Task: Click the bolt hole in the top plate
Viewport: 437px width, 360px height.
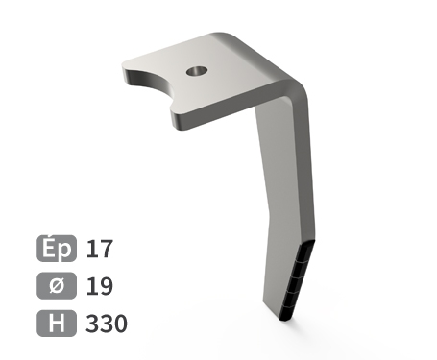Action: coord(197,71)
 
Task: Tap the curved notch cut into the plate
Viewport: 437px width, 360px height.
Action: coord(151,84)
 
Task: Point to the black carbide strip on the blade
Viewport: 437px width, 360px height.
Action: coord(295,280)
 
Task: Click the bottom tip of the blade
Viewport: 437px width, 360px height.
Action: coord(285,320)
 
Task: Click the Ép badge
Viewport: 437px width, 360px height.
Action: coord(57,249)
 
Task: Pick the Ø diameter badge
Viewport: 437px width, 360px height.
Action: coord(57,285)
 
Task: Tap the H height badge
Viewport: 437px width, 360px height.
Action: coord(57,324)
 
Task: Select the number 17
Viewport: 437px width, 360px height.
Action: coord(99,249)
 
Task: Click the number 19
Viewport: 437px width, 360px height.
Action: coord(99,286)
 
